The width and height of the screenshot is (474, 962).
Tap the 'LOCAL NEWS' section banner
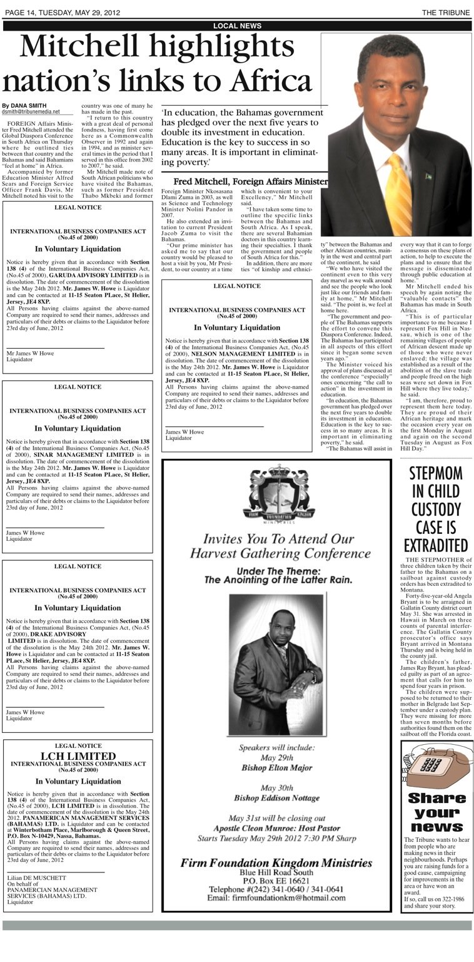pos(237,26)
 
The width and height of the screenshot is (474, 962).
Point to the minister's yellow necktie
pos(398,191)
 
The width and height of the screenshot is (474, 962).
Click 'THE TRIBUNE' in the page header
pos(446,13)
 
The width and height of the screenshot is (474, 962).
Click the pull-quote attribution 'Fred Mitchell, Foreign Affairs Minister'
pos(245,182)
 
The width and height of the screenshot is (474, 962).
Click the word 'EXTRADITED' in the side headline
pos(435,544)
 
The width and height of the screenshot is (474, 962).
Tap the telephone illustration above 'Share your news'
pos(436,767)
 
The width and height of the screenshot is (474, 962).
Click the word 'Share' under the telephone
pos(436,798)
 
